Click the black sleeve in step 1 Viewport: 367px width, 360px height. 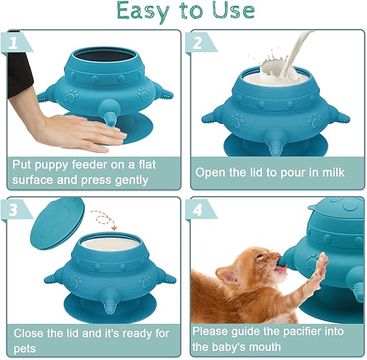[x=19, y=75]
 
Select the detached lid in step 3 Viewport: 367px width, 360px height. [x=57, y=223]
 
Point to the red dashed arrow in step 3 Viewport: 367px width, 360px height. [x=104, y=220]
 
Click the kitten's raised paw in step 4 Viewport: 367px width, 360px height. [x=321, y=265]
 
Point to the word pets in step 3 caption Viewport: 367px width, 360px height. [x=25, y=349]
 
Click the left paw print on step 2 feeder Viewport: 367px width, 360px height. [x=237, y=121]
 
